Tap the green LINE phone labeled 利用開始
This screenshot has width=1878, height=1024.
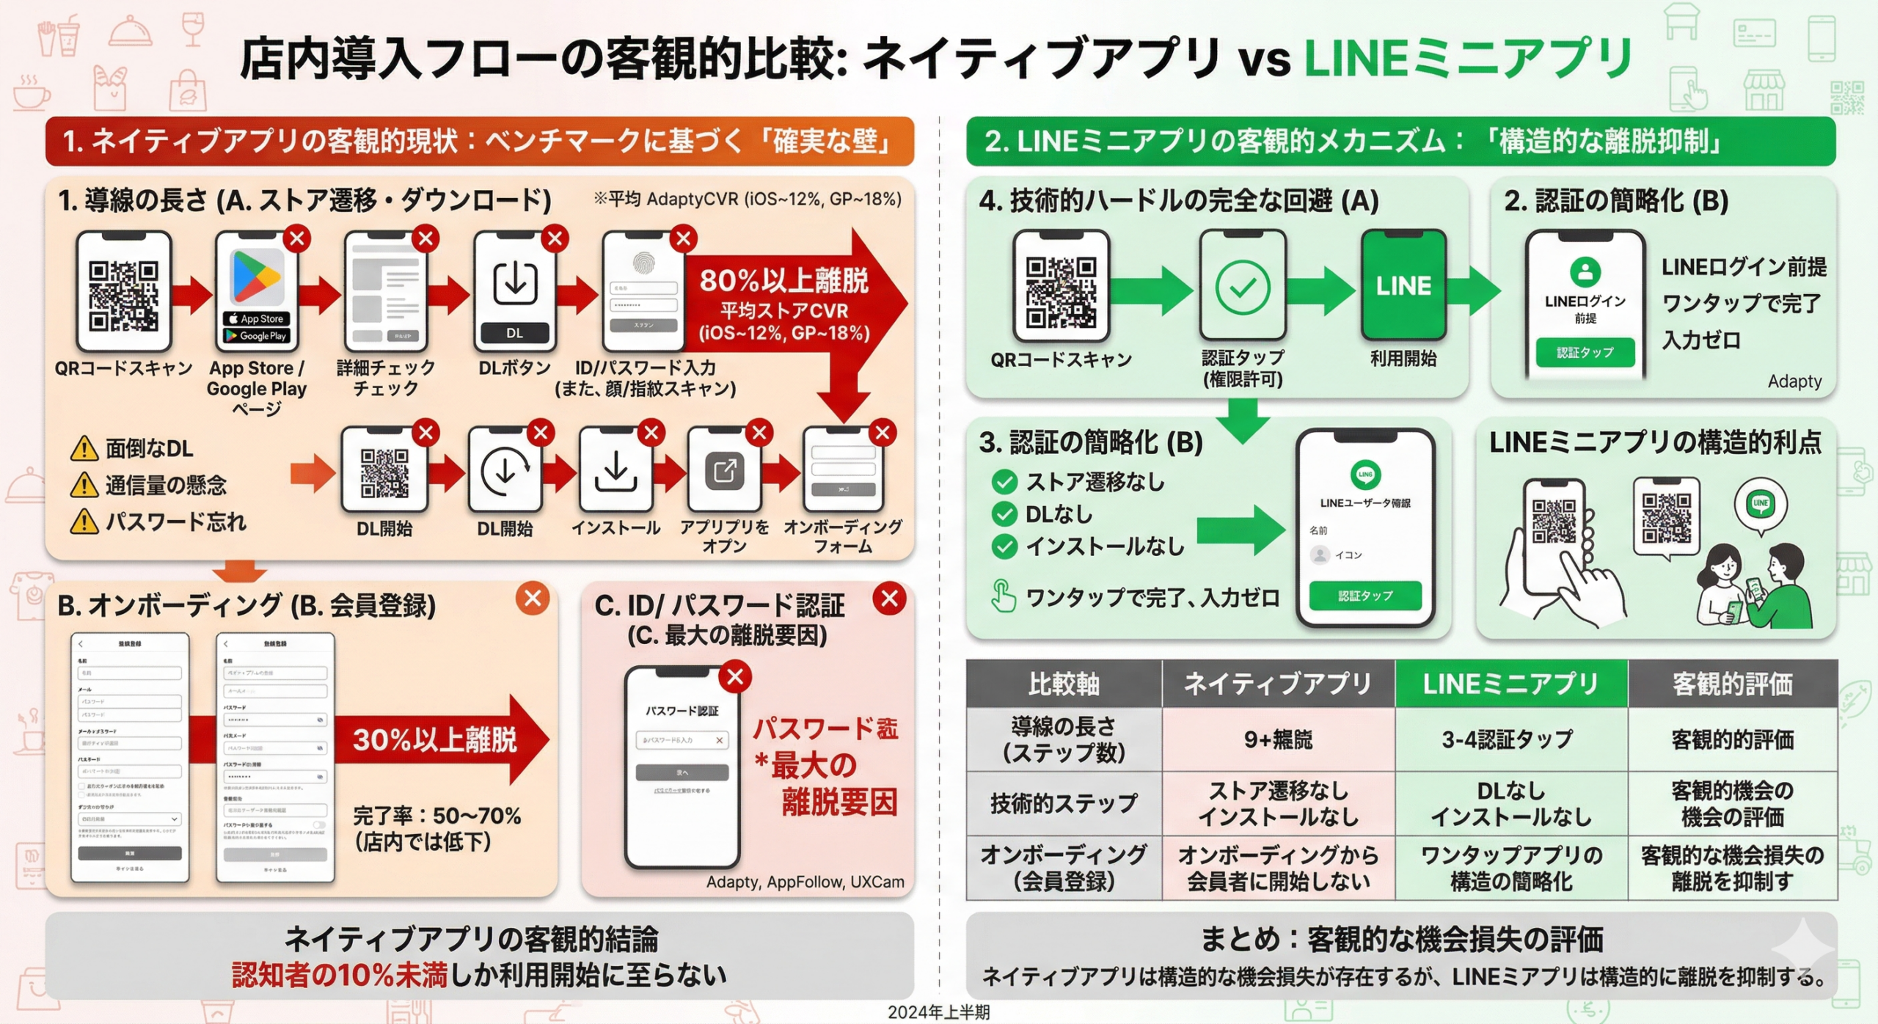(1403, 285)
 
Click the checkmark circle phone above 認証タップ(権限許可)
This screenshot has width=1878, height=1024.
(1242, 286)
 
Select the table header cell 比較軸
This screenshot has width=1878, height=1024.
(1063, 684)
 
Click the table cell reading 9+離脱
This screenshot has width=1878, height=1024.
(1278, 739)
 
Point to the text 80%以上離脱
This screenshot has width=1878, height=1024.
(783, 280)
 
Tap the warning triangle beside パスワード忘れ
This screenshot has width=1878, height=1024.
(84, 522)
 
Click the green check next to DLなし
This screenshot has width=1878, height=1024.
(1004, 514)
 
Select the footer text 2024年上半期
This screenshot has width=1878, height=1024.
(938, 1012)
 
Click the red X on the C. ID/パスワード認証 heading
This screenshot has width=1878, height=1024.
(889, 599)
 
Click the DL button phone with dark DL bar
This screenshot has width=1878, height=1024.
(514, 290)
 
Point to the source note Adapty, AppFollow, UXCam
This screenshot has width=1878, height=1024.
(805, 882)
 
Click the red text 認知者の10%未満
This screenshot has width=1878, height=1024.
(339, 975)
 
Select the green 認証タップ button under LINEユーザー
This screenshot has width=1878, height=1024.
(1364, 596)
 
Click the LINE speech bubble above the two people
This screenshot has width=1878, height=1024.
(1760, 504)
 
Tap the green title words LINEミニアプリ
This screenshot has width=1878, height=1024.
(1467, 59)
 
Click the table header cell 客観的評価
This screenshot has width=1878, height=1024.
(1732, 684)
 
